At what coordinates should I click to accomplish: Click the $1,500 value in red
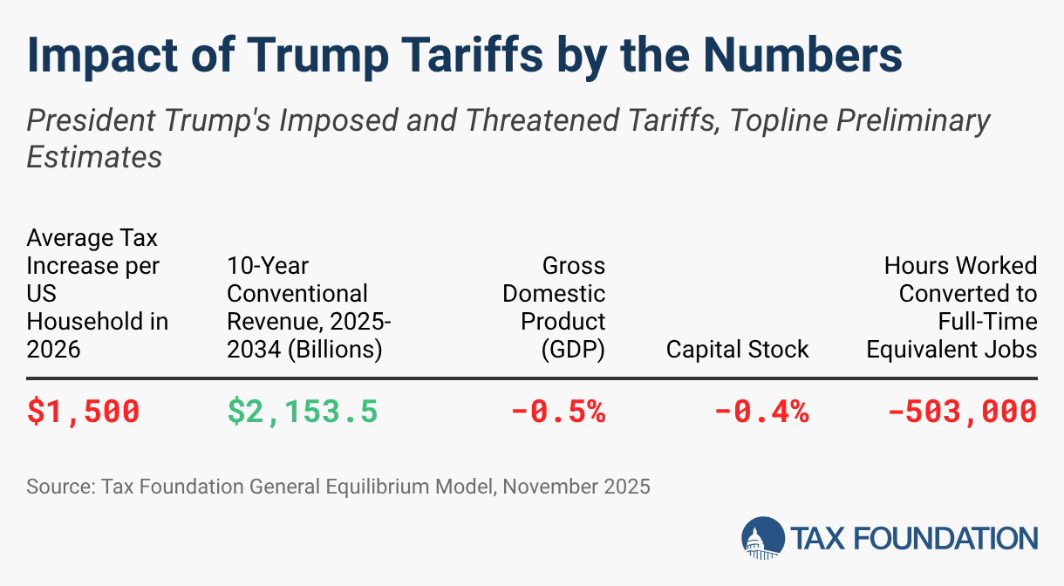[x=83, y=411]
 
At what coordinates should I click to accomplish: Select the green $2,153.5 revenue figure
[x=303, y=411]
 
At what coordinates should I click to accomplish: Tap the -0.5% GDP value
[x=558, y=411]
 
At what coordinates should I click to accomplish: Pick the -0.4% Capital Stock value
[x=761, y=411]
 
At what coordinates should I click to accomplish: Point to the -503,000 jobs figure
[x=962, y=411]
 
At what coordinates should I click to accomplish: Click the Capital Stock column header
[x=737, y=350]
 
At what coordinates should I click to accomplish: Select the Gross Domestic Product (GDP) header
[x=554, y=307]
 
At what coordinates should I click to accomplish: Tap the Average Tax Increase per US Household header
[x=97, y=293]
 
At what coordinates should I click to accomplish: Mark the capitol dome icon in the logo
[x=762, y=538]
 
